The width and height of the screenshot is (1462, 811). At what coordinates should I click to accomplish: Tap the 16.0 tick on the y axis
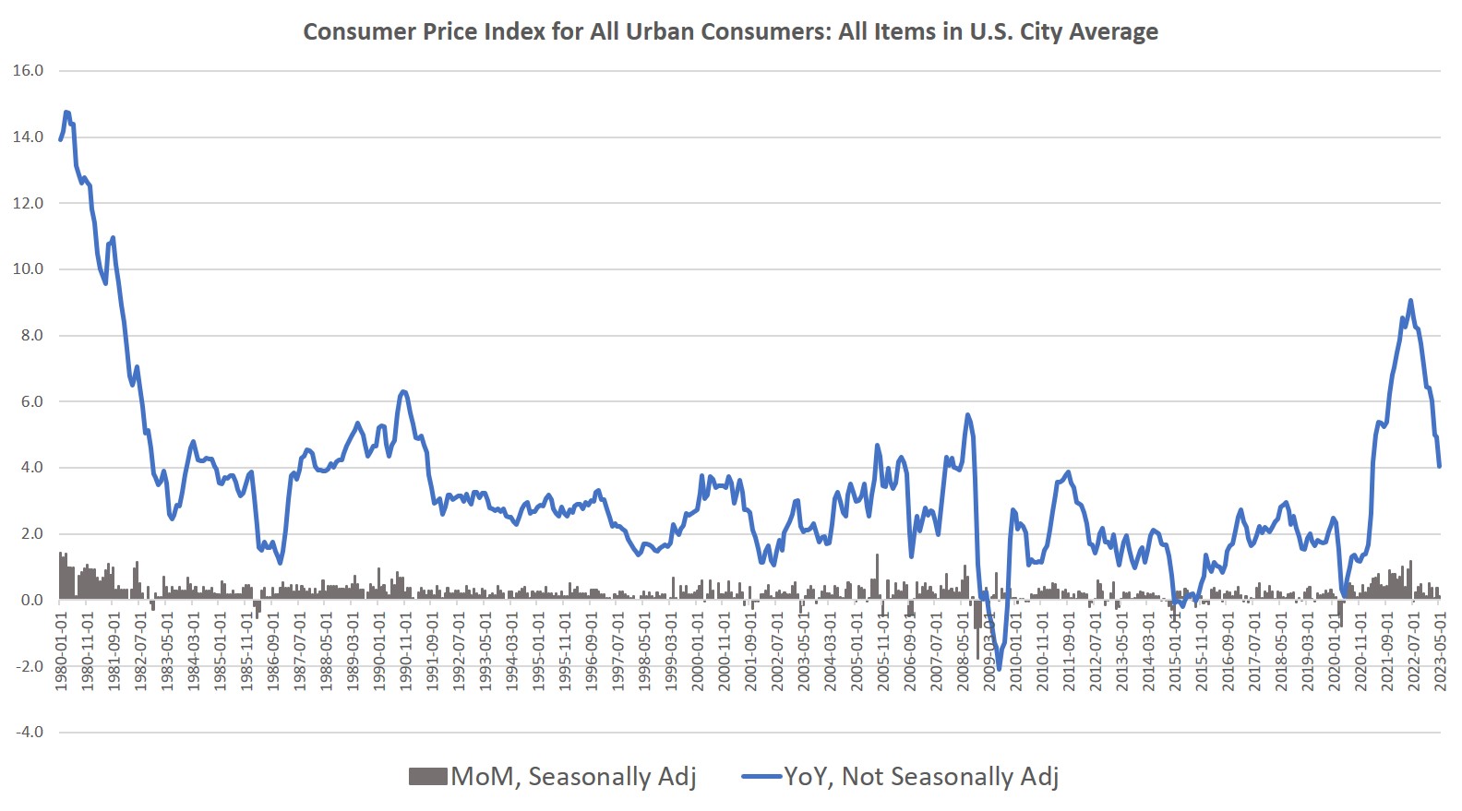point(28,71)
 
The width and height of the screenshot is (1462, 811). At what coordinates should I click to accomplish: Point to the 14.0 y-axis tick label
point(28,137)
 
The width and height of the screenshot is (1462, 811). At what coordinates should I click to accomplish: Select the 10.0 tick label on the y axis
point(28,269)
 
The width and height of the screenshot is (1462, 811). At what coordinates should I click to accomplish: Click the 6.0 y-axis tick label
point(31,402)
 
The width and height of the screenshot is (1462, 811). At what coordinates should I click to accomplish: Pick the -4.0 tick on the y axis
point(28,733)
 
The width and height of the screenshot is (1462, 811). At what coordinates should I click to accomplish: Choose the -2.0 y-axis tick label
point(28,666)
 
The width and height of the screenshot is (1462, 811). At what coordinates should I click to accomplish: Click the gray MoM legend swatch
point(427,777)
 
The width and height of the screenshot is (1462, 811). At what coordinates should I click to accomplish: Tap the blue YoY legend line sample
point(761,777)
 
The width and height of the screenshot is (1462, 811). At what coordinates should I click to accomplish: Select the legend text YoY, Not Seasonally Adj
point(920,777)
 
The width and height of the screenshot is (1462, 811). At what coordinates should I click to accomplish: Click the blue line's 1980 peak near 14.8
point(66,113)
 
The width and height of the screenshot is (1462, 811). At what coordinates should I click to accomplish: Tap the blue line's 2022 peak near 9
point(1410,300)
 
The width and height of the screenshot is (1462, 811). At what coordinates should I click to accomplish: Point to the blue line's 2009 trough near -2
point(998,669)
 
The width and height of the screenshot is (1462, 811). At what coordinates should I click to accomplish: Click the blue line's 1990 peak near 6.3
point(402,391)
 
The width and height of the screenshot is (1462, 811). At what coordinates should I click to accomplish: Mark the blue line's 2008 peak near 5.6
point(967,414)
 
